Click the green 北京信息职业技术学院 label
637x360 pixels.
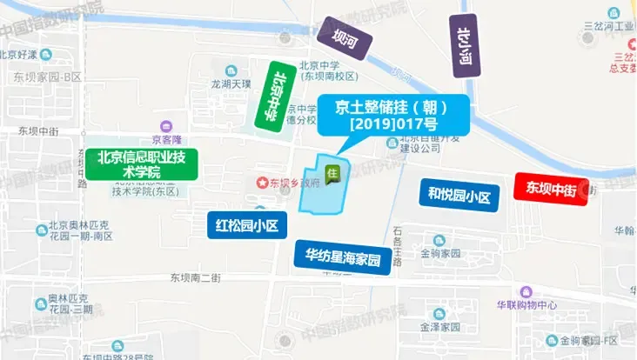coord(142,165)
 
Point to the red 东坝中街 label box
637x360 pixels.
coord(552,188)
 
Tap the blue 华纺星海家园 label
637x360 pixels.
coord(342,258)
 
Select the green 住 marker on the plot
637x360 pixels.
coord(332,174)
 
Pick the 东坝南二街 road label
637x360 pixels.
coord(196,277)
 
